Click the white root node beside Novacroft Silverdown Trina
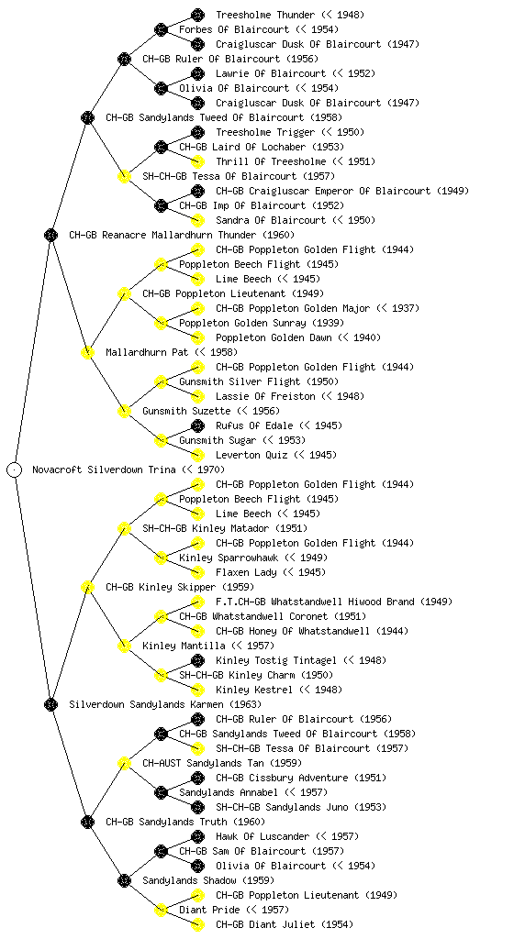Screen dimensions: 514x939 [15, 469]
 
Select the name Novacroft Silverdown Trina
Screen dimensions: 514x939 [105, 469]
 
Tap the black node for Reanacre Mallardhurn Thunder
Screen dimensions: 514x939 [50, 235]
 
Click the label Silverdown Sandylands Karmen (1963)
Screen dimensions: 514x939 [165, 704]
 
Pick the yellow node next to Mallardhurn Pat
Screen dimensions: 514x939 [87, 352]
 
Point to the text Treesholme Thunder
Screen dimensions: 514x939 [265, 15]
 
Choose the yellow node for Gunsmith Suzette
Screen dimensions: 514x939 [124, 411]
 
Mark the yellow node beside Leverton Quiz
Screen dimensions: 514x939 [197, 455]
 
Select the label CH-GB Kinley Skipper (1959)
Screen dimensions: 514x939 [180, 587]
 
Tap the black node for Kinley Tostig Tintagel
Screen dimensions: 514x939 [197, 660]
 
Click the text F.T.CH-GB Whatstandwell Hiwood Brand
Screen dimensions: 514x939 [315, 602]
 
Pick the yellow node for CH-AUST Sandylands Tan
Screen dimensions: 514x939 [124, 763]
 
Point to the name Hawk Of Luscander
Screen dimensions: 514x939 [263, 836]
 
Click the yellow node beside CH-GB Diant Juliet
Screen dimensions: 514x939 [197, 924]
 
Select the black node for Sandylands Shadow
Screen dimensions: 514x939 [124, 880]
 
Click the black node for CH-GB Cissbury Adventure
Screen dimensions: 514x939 [197, 778]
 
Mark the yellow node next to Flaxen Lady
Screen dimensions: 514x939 [197, 572]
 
